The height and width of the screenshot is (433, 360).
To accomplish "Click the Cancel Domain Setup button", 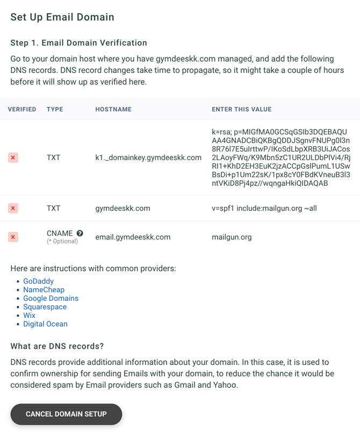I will pos(66,414).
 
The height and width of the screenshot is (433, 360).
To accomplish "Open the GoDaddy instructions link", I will pos(38,281).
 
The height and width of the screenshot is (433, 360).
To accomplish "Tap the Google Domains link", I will pos(51,298).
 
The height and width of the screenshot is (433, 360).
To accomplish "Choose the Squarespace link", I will pos(45,307).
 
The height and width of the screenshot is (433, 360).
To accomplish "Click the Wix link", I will pos(29,315).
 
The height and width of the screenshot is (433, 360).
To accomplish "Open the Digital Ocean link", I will pos(45,324).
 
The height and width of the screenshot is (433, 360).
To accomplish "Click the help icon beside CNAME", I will pos(80,233).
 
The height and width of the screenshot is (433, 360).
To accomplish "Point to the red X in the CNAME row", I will pos(13,237).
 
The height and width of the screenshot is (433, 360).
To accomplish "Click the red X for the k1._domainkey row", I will pos(13,157).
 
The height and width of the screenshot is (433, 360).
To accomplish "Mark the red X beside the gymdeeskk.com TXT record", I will pos(13,208).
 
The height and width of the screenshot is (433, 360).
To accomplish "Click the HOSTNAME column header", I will pos(113,109).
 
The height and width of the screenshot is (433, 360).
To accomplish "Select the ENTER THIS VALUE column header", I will pos(241,109).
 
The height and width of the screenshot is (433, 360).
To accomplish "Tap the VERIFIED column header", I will pos(22,109).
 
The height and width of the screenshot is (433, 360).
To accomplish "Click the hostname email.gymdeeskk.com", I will pos(133,237).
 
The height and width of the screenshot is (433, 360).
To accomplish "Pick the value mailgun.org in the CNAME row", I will pos(232,237).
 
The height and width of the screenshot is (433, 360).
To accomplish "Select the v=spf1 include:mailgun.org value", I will pos(264,208).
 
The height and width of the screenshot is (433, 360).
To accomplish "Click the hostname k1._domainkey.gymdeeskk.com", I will pos(148,157).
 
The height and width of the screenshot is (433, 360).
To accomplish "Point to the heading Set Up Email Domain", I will pos(62,17).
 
